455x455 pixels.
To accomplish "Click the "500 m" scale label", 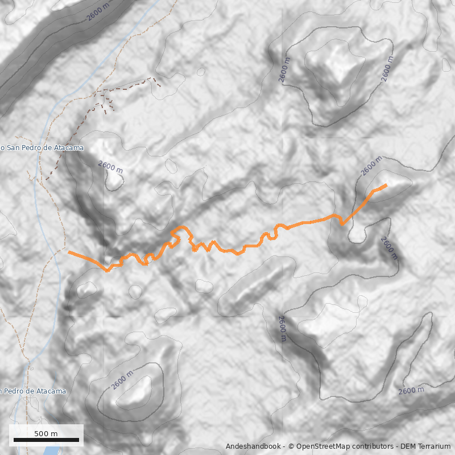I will click(46, 433).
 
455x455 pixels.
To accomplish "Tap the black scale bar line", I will click(46, 440).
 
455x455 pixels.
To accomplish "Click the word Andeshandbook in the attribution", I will click(253, 446).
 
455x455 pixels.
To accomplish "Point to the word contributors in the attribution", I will click(372, 446).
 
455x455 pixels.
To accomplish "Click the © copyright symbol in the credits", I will click(291, 446).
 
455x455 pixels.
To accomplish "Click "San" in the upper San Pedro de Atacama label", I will click(14, 148).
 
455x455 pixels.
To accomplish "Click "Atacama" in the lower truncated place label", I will click(52, 391).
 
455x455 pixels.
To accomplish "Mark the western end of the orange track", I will click(69, 252).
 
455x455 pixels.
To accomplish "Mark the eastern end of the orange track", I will click(386, 185).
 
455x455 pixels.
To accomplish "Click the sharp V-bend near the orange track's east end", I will click(342, 224).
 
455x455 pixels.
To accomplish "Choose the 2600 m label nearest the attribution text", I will click(411, 391).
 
